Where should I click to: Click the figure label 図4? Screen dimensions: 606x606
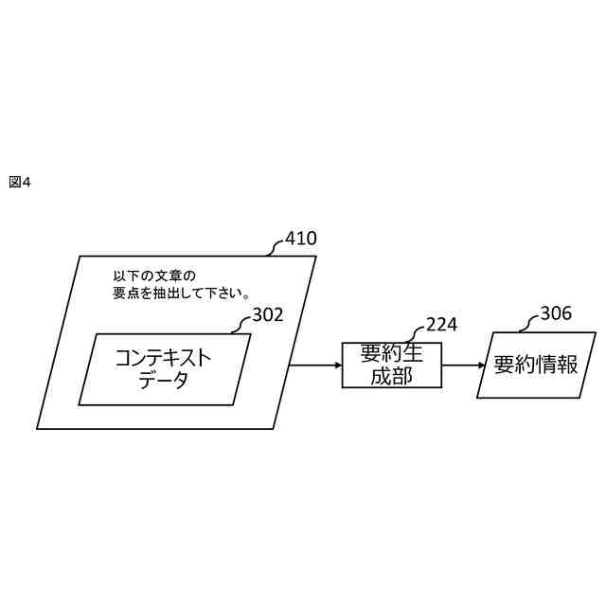coord(20,182)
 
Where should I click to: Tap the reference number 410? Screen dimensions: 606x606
coord(301,239)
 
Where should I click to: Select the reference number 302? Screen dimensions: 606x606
coord(268,315)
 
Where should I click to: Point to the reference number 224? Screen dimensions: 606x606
coord(441,325)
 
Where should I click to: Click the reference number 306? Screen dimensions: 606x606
coord(556,313)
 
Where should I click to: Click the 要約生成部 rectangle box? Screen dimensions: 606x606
coord(391,365)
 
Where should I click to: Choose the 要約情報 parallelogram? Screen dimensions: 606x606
coord(536,365)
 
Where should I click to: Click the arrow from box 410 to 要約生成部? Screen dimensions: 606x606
coord(315,365)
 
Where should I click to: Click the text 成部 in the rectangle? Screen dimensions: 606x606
coord(391,376)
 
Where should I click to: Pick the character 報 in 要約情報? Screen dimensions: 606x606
coord(568,365)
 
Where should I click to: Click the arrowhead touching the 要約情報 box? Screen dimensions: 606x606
coord(481,365)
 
